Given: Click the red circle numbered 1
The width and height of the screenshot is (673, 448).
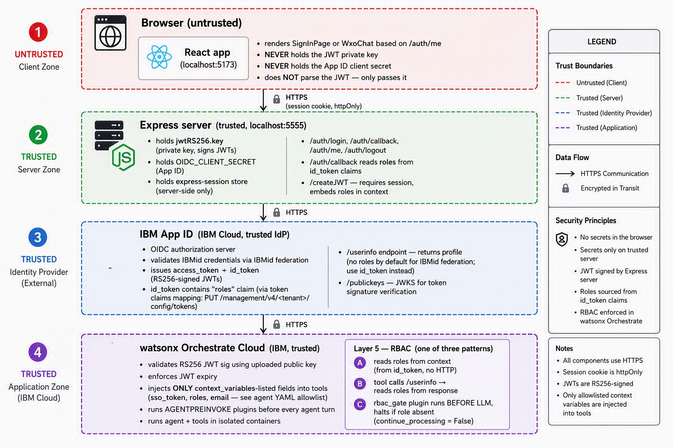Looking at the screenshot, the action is coord(38,32).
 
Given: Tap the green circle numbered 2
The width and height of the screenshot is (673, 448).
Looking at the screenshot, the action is coord(38,135).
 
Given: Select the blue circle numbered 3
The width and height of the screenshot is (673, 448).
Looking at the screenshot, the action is coord(38,238).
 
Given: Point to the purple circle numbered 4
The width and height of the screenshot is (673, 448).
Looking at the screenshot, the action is coord(38,352).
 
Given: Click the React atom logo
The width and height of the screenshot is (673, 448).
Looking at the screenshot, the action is coord(159,57).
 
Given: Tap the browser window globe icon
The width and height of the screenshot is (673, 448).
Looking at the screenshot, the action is coord(110,33).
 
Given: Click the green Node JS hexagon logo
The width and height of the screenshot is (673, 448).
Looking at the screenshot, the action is coord(123,157).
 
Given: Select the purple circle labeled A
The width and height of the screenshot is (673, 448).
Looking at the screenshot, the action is coord(360,363).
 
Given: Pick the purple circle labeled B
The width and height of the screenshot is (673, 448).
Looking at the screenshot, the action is coord(360,384).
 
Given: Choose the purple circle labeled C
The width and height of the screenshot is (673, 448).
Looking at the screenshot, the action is coord(360,405).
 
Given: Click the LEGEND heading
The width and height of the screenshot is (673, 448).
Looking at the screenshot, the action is coord(602,42).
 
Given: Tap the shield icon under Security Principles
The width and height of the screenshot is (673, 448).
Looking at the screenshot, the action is coord(562,239).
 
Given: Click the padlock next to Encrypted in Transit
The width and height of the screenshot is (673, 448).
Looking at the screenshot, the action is coord(566,188).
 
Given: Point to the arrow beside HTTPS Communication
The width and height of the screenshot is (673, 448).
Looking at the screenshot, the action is coord(565,173).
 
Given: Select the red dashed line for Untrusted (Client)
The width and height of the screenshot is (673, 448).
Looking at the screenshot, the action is coord(563,83).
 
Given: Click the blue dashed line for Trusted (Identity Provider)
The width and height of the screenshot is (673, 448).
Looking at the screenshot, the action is coord(563,113).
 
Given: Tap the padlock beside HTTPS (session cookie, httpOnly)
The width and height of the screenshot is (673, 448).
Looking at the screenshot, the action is coord(277,99).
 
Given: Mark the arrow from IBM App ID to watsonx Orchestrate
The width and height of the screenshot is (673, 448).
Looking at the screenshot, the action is coord(263,324).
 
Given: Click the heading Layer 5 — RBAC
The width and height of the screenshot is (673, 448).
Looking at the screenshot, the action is coord(383,349).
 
